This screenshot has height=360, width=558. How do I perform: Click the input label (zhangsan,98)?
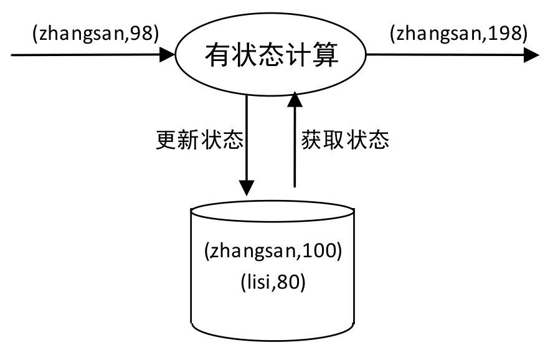(95, 34)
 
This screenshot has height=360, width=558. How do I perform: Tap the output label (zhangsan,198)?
(458, 34)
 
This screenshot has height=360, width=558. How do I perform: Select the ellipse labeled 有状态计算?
(272, 56)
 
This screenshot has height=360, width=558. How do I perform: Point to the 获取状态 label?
(345, 140)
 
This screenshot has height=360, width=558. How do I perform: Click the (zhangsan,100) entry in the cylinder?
(273, 252)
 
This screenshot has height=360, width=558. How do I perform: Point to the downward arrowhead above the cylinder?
(247, 187)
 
